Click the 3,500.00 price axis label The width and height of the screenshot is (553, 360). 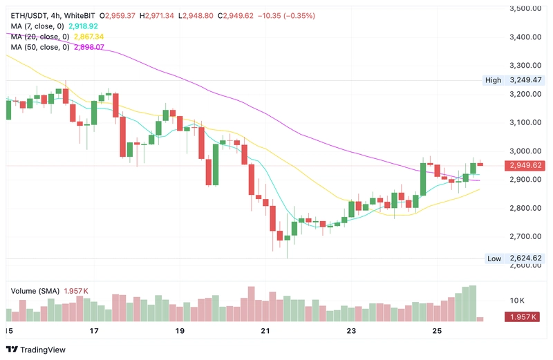525,8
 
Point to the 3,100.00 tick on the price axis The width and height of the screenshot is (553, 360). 525,122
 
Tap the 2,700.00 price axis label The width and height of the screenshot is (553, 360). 525,236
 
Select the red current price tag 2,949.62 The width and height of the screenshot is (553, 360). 525,166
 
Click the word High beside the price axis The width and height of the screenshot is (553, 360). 493,80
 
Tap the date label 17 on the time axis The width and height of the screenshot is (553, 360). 94,332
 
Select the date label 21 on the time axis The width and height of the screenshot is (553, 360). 265,332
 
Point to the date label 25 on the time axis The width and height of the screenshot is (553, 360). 437,332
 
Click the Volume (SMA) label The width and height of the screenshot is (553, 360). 35,291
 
